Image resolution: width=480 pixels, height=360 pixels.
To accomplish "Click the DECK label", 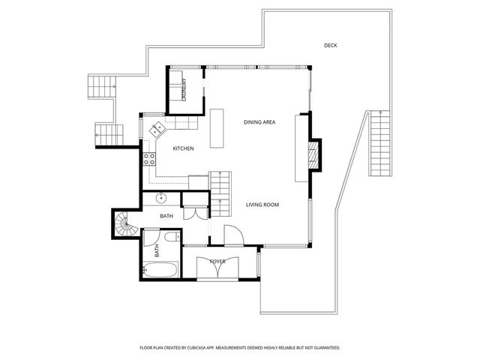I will [x=330, y=46].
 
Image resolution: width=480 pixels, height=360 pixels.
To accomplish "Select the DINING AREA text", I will [x=259, y=121].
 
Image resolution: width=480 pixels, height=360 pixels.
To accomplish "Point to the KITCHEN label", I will [x=183, y=148].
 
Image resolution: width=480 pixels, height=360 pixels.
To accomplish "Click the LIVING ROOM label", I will [x=262, y=205].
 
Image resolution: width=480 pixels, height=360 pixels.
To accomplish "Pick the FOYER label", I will [x=217, y=261].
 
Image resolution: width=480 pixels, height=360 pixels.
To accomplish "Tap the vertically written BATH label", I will [x=157, y=251].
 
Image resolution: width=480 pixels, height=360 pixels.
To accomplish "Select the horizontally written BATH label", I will [x=166, y=216].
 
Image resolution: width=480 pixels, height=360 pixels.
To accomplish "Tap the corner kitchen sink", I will [x=157, y=129].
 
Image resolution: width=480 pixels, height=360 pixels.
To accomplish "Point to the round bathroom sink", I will [x=160, y=199].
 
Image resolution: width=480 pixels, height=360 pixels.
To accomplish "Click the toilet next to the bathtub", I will [x=172, y=238].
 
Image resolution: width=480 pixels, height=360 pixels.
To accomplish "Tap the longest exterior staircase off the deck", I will [x=380, y=142].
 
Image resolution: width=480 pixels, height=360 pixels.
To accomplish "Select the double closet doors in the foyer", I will [x=217, y=268].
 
